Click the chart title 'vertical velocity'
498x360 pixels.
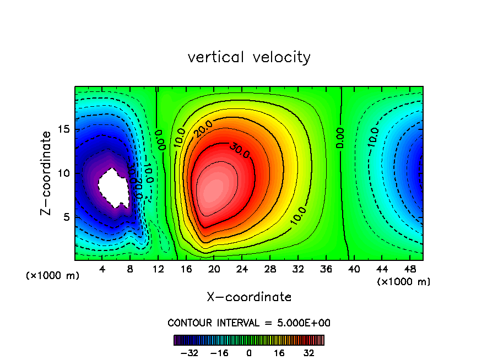click(249, 57)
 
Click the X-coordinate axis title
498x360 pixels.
click(249, 297)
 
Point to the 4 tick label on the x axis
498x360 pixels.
click(102, 270)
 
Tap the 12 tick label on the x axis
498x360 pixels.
click(158, 270)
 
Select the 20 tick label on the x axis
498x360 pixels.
click(214, 270)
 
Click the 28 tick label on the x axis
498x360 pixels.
click(270, 270)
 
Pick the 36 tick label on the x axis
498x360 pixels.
click(326, 270)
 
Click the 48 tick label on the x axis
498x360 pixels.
click(409, 270)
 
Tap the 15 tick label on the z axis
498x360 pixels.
click(63, 129)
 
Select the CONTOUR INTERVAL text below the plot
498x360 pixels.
click(249, 323)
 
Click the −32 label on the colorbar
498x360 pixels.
click(189, 353)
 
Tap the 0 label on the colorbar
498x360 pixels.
click(249, 353)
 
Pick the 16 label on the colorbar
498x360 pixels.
click(279, 353)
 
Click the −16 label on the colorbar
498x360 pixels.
click(219, 353)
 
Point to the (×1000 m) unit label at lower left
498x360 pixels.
click(52, 276)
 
